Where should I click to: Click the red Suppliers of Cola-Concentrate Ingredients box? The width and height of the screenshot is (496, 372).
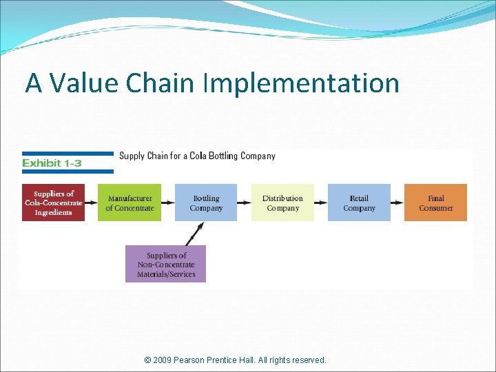click(x=54, y=203)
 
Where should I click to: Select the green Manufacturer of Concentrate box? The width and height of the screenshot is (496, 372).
click(x=130, y=203)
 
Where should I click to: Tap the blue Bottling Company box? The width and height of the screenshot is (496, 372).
click(x=206, y=203)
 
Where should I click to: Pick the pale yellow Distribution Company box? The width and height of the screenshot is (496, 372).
click(x=282, y=203)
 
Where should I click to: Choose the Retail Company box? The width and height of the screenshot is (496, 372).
click(x=359, y=203)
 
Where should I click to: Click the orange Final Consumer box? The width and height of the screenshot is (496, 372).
click(x=435, y=203)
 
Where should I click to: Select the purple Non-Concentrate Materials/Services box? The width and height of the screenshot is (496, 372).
click(x=165, y=264)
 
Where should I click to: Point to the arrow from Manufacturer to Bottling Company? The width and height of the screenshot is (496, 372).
click(x=168, y=203)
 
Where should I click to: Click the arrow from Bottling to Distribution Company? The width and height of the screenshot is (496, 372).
click(x=245, y=203)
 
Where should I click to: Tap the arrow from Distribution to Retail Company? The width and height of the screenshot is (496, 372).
click(x=321, y=203)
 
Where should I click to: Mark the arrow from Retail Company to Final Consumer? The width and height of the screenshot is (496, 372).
click(x=397, y=203)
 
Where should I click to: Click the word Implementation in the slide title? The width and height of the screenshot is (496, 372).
click(x=301, y=83)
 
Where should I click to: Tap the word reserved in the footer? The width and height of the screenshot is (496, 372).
click(x=307, y=360)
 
